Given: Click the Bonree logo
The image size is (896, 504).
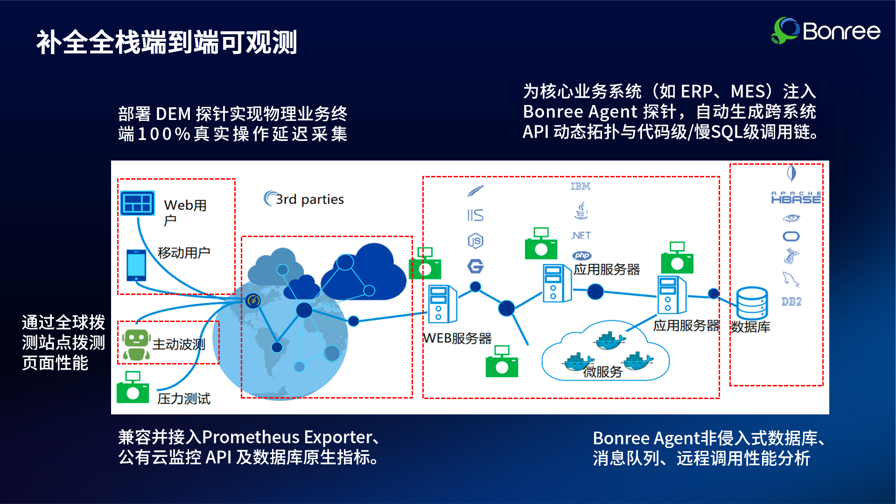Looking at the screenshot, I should click(x=825, y=31).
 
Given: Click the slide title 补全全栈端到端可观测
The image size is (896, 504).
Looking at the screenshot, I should click(x=167, y=42).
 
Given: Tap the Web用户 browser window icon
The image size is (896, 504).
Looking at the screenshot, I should click(x=137, y=203).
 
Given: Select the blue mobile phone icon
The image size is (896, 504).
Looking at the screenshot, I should click(x=136, y=265).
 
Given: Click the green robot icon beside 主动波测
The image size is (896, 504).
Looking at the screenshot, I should click(x=136, y=345).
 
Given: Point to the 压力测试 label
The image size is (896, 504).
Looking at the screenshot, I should click(x=184, y=399).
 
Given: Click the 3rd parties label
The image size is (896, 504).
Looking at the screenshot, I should click(x=309, y=199).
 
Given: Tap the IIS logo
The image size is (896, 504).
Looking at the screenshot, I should click(x=475, y=215).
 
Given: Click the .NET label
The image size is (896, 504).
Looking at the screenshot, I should click(x=581, y=236).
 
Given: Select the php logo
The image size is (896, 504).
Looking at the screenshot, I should click(x=581, y=255).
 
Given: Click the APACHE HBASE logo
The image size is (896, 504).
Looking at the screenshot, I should click(x=796, y=198).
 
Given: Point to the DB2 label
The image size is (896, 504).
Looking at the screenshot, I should click(x=791, y=301).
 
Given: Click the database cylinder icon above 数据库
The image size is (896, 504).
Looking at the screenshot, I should click(x=752, y=303).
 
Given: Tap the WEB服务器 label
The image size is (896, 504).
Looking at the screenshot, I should click(x=457, y=338).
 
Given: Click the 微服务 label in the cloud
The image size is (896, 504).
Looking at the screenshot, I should click(x=602, y=372).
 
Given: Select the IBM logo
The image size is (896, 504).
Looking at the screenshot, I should click(x=581, y=186).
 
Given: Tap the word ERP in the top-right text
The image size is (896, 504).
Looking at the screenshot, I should click(x=696, y=91).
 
